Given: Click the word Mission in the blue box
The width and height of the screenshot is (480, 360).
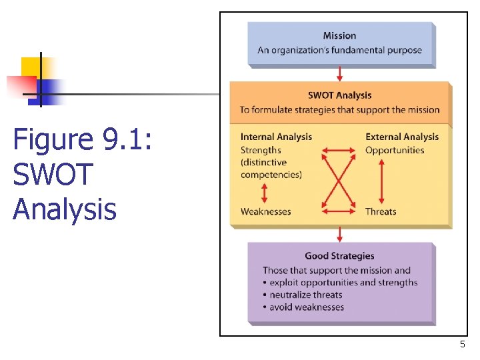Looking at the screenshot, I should point(339,36).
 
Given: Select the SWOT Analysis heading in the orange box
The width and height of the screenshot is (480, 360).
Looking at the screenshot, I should point(339,95).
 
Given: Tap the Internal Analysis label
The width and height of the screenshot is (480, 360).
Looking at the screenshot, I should point(276,137).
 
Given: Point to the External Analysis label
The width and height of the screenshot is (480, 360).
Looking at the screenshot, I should point(402,137).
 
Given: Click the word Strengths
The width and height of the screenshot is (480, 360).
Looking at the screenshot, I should point(261,150).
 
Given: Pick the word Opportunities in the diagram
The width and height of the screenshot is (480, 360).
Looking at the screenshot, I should point(395,150).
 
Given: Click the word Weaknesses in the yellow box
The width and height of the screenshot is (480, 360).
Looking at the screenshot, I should point(265,211).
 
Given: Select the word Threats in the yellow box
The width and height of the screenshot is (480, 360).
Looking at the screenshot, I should point(381,211).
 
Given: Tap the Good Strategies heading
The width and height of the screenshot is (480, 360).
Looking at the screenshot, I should point(339,256).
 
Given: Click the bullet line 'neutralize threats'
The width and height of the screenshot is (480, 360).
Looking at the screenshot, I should point(305,295).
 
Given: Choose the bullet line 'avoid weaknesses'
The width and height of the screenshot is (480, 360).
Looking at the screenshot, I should point(307,307).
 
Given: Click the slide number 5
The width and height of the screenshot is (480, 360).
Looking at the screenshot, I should point(462,344).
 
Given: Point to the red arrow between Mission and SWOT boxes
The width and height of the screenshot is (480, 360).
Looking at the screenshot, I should point(340,73).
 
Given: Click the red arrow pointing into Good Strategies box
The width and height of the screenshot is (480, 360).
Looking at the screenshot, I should point(340,233).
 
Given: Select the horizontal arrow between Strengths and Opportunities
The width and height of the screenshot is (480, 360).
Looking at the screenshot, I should point(338,151).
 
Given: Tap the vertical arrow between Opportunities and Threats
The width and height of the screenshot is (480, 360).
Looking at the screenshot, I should point(381,181).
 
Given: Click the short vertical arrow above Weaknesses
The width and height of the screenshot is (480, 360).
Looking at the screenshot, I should point(265,193).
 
